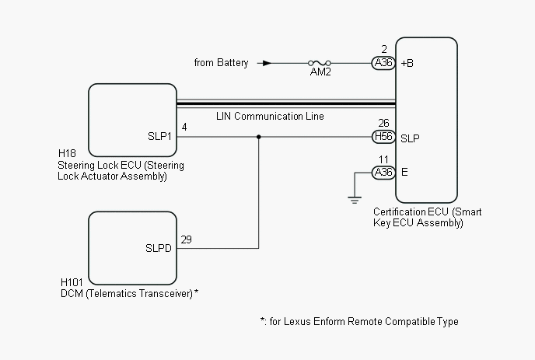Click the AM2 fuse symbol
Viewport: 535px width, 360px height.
pyautogui.click(x=320, y=63)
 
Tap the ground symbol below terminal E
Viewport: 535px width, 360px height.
pyautogui.click(x=355, y=198)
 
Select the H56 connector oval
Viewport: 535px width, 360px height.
pyautogui.click(x=383, y=138)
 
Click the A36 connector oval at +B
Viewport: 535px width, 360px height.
pyautogui.click(x=383, y=63)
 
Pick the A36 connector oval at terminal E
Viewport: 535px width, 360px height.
pyautogui.click(x=383, y=173)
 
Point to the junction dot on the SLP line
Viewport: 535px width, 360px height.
pyautogui.click(x=259, y=138)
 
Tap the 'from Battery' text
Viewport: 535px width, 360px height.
pyautogui.click(x=222, y=63)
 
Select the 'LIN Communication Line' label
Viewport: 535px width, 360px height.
pyautogui.click(x=270, y=117)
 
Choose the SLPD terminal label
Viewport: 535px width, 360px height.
pyautogui.click(x=159, y=249)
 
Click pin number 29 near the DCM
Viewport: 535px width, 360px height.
pyautogui.click(x=186, y=239)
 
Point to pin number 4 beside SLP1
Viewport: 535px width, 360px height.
pyautogui.click(x=184, y=127)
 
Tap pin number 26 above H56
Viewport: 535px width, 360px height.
pyautogui.click(x=383, y=123)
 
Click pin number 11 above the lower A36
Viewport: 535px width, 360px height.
pyautogui.click(x=383, y=159)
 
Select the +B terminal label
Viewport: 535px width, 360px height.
pyautogui.click(x=407, y=63)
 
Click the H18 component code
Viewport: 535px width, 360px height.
pyautogui.click(x=67, y=154)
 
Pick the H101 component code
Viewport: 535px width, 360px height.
pyautogui.click(x=72, y=282)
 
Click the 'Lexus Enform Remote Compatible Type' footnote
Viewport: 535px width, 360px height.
pyautogui.click(x=358, y=322)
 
